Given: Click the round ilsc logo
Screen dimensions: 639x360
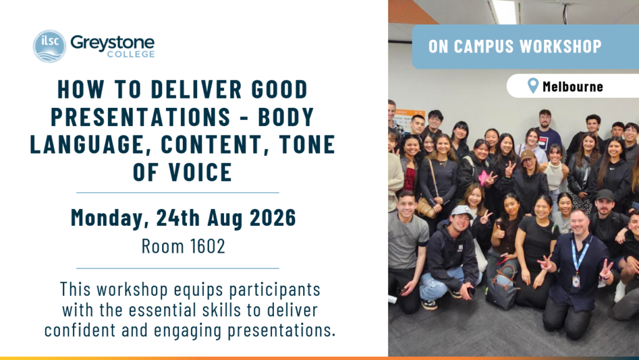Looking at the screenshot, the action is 49,46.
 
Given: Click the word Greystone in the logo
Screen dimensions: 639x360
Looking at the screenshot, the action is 112,43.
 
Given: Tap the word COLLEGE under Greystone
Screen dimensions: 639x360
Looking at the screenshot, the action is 131,54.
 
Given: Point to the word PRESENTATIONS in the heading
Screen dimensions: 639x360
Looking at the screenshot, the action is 140,117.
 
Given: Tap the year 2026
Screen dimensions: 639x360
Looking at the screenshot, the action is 273,218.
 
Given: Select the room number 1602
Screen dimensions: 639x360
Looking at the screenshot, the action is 207,246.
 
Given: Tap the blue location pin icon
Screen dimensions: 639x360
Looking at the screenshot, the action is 533,85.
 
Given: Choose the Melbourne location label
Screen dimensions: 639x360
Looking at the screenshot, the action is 573,86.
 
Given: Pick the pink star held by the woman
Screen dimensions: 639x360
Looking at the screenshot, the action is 484,178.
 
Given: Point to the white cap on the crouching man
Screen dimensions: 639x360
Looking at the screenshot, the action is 462,210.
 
